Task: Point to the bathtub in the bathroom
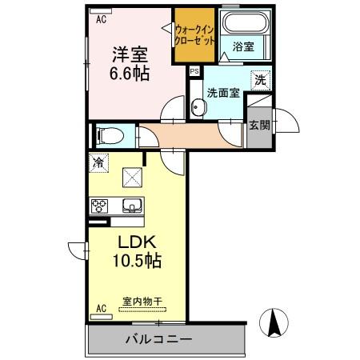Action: [243, 23]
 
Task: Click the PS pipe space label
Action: [194, 71]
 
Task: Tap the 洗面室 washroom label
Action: [224, 93]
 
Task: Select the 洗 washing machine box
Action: [259, 79]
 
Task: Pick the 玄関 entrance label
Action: [258, 125]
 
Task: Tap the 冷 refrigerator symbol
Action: [98, 163]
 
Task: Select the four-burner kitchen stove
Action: [99, 206]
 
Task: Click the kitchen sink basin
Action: [130, 206]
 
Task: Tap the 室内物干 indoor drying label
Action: [142, 302]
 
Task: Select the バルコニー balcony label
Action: [158, 339]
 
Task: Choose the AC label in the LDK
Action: [101, 309]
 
